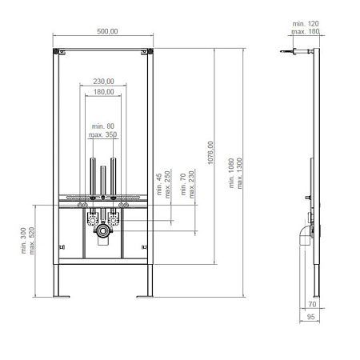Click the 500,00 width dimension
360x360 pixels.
(x=107, y=31)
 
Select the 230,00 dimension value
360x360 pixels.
(x=103, y=82)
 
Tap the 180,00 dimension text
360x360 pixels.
(x=103, y=92)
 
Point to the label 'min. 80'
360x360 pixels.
(x=103, y=126)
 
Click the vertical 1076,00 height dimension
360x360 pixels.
(x=210, y=153)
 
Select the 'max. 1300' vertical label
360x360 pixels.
(x=239, y=174)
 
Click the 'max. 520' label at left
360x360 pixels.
(x=32, y=241)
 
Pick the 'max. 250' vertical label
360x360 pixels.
(x=167, y=185)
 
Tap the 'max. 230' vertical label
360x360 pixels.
(x=191, y=185)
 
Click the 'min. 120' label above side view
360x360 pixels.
(x=306, y=24)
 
